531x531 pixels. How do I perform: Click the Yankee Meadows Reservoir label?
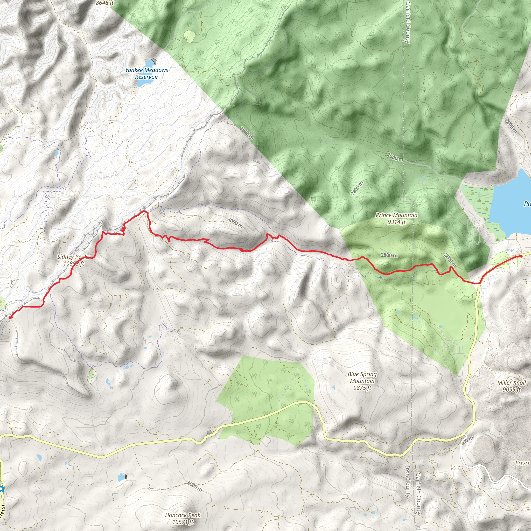click(146, 73)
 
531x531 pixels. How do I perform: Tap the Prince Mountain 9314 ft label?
click(396, 219)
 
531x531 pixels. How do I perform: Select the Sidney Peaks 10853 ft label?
click(73, 260)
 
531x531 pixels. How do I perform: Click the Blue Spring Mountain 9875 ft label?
click(362, 381)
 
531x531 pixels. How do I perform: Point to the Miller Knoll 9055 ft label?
click(512, 386)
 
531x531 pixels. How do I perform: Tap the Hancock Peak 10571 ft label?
click(183, 518)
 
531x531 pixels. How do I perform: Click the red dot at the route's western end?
click(10, 317)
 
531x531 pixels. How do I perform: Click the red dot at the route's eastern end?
click(521, 256)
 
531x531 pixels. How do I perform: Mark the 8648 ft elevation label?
click(104, 3)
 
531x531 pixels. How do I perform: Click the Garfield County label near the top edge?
click(408, 22)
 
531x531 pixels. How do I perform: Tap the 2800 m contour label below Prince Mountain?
click(389, 255)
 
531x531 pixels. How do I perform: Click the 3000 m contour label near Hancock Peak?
click(195, 486)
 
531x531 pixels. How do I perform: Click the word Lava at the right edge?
click(522, 463)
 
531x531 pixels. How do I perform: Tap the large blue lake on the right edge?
click(511, 203)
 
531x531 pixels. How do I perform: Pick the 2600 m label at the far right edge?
click(511, 126)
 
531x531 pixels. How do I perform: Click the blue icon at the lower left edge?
click(2, 489)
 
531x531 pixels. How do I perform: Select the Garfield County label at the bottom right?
click(418, 493)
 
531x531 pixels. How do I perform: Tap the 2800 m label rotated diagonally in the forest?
click(357, 188)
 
